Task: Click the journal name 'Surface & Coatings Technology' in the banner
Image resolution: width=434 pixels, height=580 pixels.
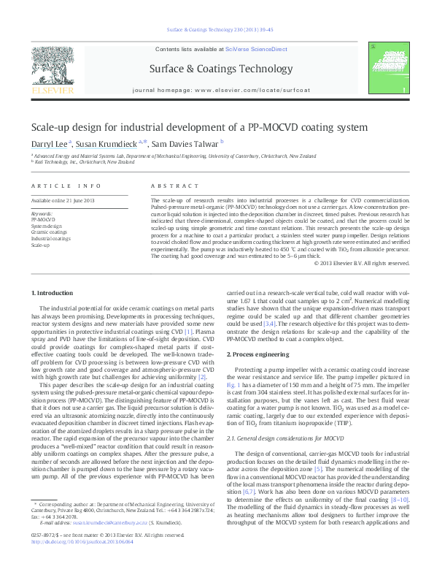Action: [217, 67]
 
